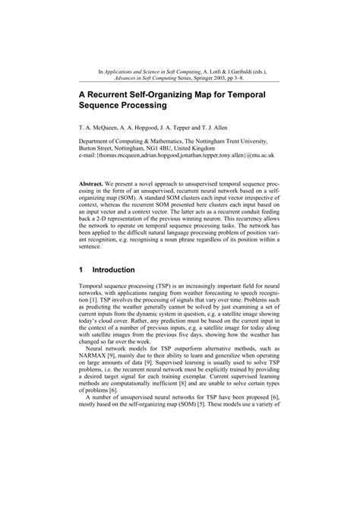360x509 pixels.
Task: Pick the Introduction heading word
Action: click(x=114, y=270)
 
